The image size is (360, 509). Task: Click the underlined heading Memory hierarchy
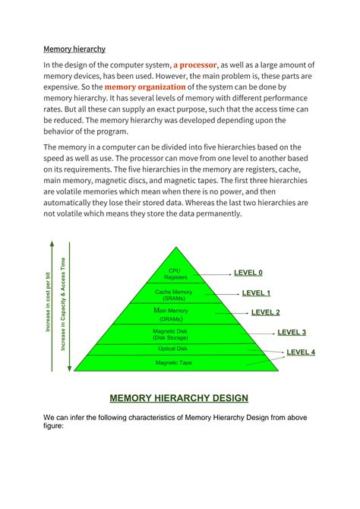click(74, 49)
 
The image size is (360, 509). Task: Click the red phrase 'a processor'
click(196, 65)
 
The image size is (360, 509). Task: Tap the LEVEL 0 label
click(248, 273)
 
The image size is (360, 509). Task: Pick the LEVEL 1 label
click(256, 292)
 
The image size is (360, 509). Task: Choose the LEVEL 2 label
click(265, 312)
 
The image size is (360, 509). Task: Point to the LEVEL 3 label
click(292, 332)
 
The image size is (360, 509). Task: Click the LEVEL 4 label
click(301, 353)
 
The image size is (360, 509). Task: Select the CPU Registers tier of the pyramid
click(175, 274)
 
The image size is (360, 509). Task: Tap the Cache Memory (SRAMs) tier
click(175, 295)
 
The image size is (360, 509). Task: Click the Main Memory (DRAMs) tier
click(175, 314)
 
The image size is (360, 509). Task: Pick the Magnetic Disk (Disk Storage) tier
click(175, 334)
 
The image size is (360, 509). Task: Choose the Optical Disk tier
click(175, 349)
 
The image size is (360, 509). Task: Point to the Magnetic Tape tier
click(175, 363)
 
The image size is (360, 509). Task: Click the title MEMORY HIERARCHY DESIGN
click(179, 398)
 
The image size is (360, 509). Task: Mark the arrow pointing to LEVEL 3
click(258, 332)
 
